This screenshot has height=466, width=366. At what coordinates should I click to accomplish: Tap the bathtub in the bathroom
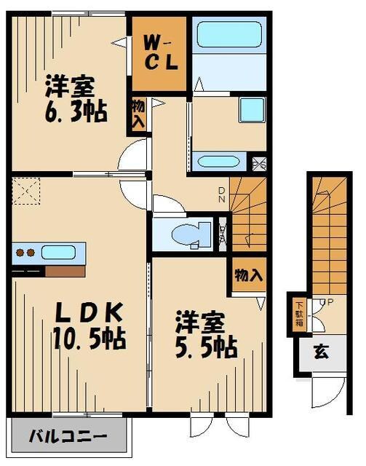[228, 34]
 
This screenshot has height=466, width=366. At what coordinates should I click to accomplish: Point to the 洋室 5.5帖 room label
[207, 334]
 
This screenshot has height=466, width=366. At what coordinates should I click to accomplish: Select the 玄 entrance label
[320, 352]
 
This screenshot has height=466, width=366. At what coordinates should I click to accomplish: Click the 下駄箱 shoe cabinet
[299, 314]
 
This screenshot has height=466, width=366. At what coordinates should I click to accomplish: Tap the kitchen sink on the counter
[57, 253]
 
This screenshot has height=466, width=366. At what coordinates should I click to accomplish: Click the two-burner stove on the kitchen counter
[26, 253]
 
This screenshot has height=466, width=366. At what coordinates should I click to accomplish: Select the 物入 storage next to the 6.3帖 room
[138, 114]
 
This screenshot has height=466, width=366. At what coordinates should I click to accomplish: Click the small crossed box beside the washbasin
[258, 162]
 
